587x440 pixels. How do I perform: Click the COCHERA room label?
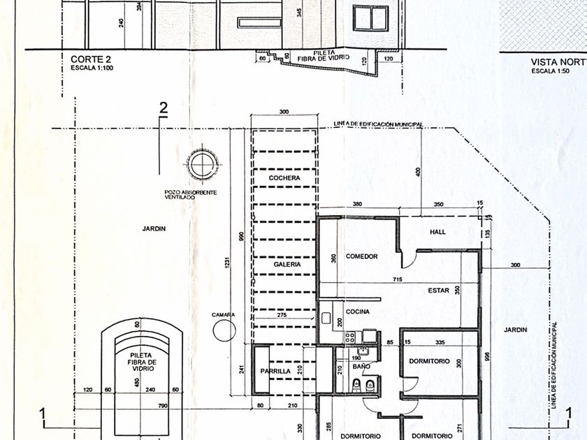[x=284, y=179]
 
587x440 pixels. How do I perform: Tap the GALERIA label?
[x=287, y=265]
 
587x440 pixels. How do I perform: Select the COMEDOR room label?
[x=361, y=257]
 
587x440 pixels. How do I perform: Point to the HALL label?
[x=438, y=233]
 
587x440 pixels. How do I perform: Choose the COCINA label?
[x=357, y=311]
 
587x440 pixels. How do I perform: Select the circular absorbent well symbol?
[x=201, y=166]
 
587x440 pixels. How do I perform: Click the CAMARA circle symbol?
[x=224, y=330]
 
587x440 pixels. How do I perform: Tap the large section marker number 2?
[x=164, y=108]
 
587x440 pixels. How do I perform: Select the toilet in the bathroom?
[x=356, y=385]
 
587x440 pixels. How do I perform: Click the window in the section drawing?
[x=370, y=19]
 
